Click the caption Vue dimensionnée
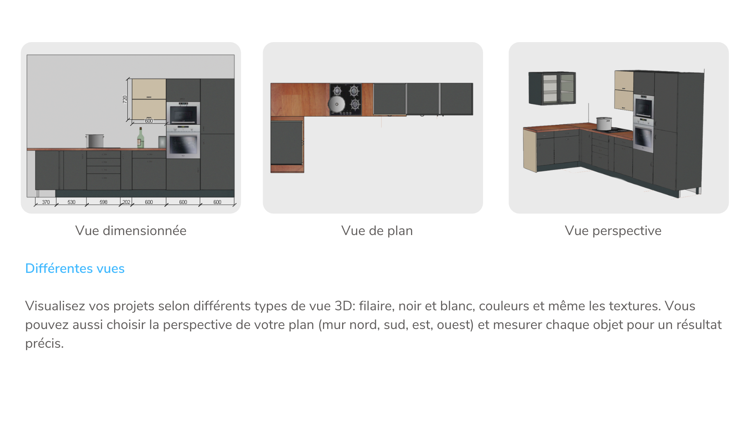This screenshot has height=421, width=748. [131, 230]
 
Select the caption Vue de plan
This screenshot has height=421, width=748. [377, 231]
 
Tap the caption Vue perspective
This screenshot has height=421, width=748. [613, 231]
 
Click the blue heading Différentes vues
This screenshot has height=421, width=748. [75, 268]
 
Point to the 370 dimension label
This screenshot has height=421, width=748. [46, 202]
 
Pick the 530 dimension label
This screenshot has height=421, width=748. [71, 202]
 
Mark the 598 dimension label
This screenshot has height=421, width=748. [103, 202]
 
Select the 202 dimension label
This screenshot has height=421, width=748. [126, 202]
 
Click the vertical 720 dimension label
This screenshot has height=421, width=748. [125, 99]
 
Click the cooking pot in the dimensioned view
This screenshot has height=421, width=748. [95, 141]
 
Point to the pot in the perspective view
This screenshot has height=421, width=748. [604, 124]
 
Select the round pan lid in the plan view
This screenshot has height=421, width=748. [337, 104]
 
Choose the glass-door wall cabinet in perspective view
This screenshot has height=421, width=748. [552, 88]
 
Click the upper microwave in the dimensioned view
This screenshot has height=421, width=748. [183, 113]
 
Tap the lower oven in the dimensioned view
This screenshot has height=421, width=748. [183, 142]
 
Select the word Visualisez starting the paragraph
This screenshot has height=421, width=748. [55, 306]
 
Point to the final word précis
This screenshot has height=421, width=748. [44, 343]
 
